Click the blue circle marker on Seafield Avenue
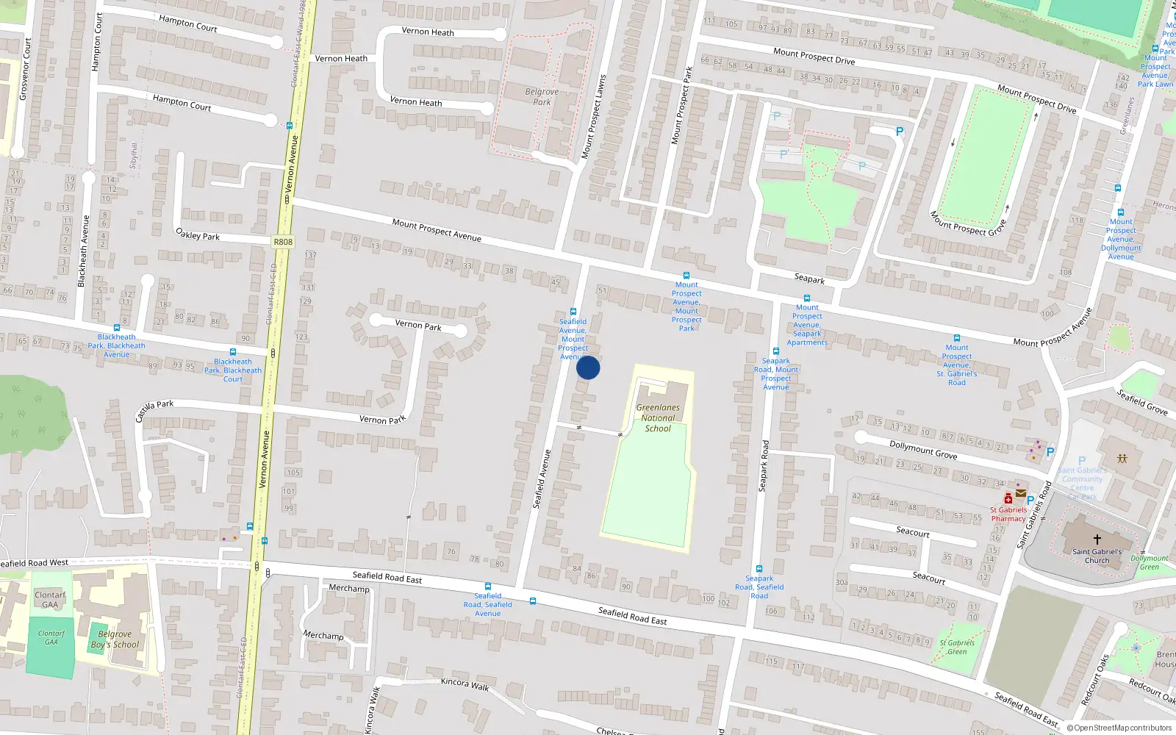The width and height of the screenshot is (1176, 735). point(588,367)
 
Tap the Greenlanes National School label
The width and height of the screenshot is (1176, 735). point(658,417)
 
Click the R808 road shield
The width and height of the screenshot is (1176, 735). point(282,242)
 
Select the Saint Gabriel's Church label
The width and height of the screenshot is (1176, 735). point(1097,556)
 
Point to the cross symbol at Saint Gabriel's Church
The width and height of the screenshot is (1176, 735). point(1097,539)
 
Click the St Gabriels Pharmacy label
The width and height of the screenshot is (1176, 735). point(1008,514)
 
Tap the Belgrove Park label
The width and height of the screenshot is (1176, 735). point(542,97)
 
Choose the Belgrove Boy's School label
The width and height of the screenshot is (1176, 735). point(115,639)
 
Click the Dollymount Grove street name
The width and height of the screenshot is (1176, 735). point(923,449)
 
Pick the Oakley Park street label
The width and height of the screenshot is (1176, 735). point(198,235)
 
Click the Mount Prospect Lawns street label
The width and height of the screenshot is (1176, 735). point(593,116)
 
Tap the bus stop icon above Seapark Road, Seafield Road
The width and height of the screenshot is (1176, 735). point(759,569)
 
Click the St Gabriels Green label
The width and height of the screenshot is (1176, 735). point(957,647)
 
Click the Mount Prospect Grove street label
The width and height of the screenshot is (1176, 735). point(967,223)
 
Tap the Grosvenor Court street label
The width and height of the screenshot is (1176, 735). point(26,69)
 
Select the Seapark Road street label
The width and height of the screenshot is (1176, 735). point(764,466)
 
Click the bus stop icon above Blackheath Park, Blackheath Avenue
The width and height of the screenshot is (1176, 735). point(116,328)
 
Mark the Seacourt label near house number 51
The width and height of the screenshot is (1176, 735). point(913,532)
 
